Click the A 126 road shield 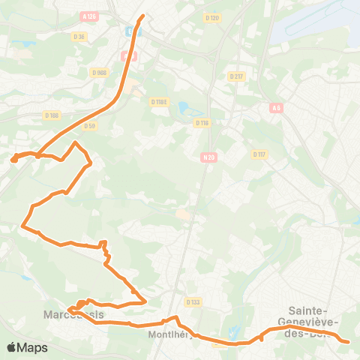pyautogui.click(x=91, y=16)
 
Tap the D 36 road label pyautogui.click(x=78, y=36)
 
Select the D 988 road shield pyautogui.click(x=99, y=73)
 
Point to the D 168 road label pyautogui.click(x=51, y=115)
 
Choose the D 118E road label pyautogui.click(x=157, y=102)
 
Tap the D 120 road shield pyautogui.click(x=212, y=18)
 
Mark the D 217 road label pyautogui.click(x=237, y=76)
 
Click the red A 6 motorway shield pyautogui.click(x=276, y=108)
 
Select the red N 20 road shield pyautogui.click(x=208, y=157)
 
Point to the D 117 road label pyautogui.click(x=259, y=154)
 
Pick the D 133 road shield pyautogui.click(x=193, y=302)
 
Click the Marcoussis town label pyautogui.click(x=73, y=314)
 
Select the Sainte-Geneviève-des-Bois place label pyautogui.click(x=313, y=321)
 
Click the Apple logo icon pyautogui.click(x=12, y=347)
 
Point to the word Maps pyautogui.click(x=32, y=347)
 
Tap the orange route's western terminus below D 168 pyautogui.click(x=13, y=159)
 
